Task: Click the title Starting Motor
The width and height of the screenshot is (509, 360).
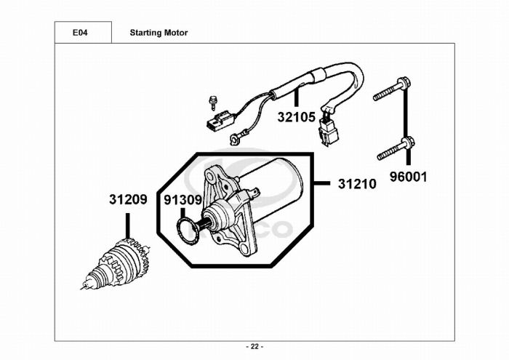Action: [x=159, y=33]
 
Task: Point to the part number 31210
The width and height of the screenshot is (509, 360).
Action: [x=357, y=185]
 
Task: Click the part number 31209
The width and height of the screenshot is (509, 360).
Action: [x=128, y=199]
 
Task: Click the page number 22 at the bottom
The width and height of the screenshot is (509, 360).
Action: [x=254, y=346]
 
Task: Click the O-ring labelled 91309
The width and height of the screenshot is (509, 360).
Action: [x=186, y=229]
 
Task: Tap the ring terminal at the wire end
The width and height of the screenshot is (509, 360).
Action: [x=235, y=136]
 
